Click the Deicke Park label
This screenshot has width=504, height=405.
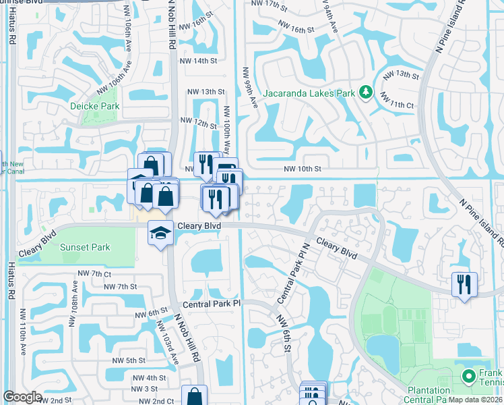(95, 106)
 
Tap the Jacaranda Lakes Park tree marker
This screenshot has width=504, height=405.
(366, 92)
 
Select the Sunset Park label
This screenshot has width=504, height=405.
(85, 247)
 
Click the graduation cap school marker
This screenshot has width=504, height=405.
(160, 234)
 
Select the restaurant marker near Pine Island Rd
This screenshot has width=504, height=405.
(464, 283)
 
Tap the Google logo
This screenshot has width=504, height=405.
(22, 397)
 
